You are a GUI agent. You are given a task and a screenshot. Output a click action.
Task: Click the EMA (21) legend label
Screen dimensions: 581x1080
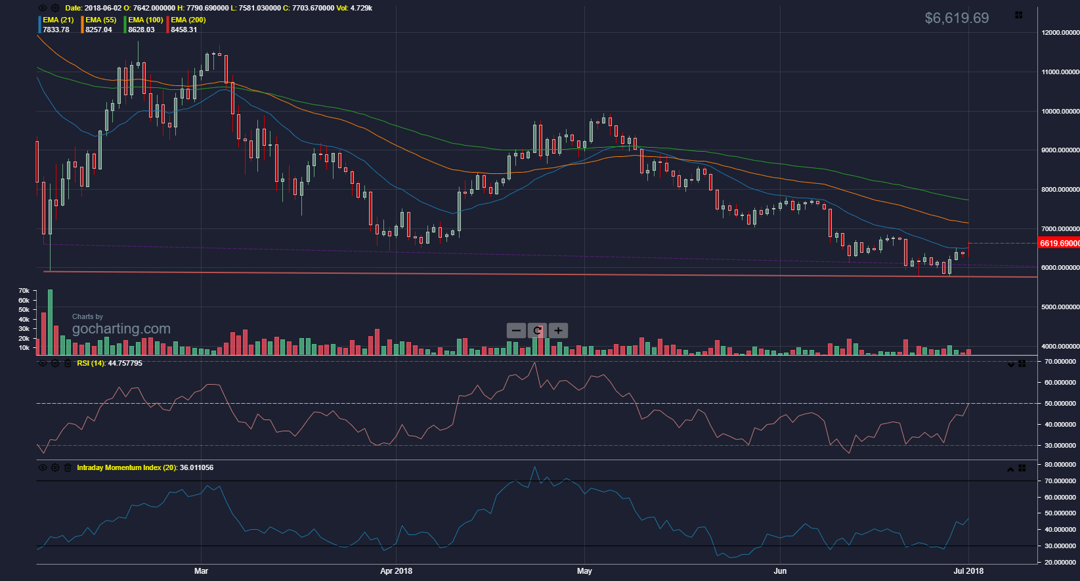coord(58,20)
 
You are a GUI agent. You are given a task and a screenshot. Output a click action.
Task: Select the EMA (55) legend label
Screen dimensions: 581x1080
coord(100,20)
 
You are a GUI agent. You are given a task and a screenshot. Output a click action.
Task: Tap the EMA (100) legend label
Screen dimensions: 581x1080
coord(145,20)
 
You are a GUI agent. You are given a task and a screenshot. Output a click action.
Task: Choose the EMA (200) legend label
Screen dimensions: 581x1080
coord(188,20)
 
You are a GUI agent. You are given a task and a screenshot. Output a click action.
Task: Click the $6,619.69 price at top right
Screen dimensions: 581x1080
coord(956,18)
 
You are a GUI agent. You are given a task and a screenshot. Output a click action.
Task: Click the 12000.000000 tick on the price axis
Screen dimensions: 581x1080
coord(1060,33)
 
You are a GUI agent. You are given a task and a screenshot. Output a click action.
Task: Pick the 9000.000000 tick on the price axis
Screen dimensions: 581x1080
coord(1060,150)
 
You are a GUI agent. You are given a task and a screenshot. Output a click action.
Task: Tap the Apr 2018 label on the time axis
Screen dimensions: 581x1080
coord(396,571)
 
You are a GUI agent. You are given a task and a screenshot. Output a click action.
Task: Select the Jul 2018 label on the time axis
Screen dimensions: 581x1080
coord(968,571)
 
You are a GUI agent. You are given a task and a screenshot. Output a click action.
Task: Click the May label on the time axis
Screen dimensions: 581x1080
coord(584,571)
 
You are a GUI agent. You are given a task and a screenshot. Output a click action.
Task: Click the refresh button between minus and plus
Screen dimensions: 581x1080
coord(537,330)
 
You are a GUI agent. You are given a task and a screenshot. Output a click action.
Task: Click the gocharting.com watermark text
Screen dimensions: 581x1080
coord(121,329)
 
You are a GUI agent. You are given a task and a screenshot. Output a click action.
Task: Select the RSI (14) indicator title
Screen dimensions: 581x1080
coord(109,363)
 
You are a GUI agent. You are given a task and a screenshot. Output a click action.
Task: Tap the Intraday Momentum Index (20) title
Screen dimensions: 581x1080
coord(144,467)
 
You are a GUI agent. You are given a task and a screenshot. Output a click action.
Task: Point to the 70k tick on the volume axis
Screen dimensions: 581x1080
coord(24,291)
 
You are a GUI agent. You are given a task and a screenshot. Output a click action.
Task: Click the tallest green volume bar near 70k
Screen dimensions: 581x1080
coord(51,322)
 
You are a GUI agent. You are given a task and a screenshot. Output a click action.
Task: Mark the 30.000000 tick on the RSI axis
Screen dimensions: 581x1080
coord(1060,446)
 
